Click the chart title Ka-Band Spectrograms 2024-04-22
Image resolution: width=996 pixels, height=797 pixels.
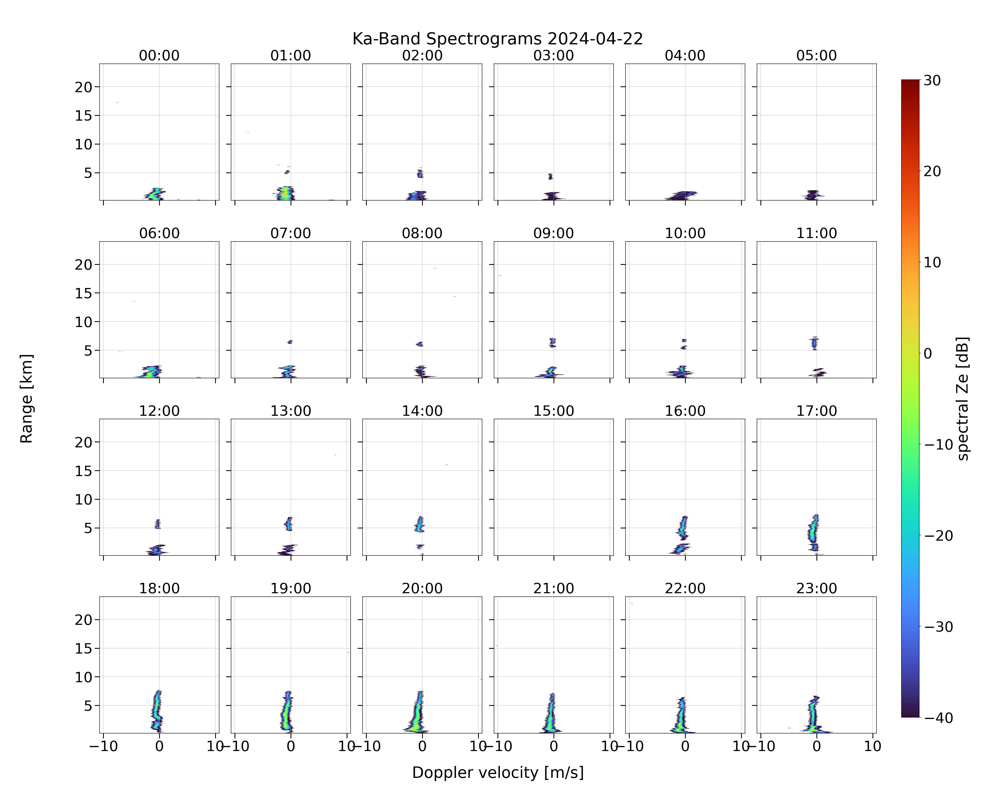point(497,39)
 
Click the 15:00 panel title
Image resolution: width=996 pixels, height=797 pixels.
point(554,411)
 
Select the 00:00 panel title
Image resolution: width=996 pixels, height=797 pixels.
point(159,56)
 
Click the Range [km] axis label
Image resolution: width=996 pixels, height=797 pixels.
point(26,399)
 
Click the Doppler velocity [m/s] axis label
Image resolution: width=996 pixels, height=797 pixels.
point(497,773)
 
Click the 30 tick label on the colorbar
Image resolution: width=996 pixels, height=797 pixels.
point(932,80)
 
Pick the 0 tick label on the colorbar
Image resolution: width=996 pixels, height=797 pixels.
point(928,353)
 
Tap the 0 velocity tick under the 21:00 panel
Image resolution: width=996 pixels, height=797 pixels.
point(554,746)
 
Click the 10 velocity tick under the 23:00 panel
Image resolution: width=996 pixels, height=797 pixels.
point(873,746)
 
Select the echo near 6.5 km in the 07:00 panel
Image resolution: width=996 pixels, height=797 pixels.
point(290,342)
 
